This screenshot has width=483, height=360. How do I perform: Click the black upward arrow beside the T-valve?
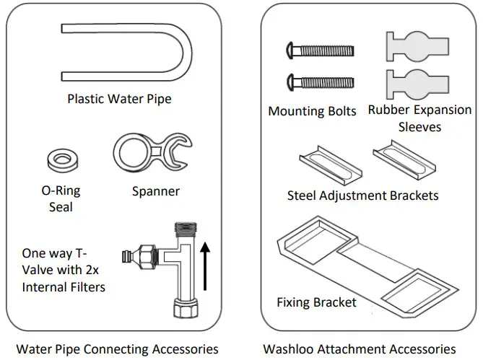(205, 265)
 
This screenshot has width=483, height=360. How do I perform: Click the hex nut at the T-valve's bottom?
(186, 307)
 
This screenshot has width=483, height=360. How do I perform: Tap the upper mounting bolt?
(321, 50)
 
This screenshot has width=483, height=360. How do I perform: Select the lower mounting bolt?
(321, 82)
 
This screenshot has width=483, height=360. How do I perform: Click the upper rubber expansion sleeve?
(417, 46)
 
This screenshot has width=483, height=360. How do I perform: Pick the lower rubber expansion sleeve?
(417, 84)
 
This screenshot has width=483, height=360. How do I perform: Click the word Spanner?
(156, 191)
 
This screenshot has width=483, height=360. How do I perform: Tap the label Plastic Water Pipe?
(120, 99)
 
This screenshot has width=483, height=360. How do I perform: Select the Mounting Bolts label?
(312, 111)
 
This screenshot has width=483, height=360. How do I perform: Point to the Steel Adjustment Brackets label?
(363, 196)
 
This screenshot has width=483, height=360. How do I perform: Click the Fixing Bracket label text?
(317, 302)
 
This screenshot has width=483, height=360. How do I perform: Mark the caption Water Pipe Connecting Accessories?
(118, 349)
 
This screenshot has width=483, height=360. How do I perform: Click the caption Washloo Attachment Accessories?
(360, 349)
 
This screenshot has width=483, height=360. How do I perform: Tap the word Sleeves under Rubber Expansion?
(420, 127)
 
